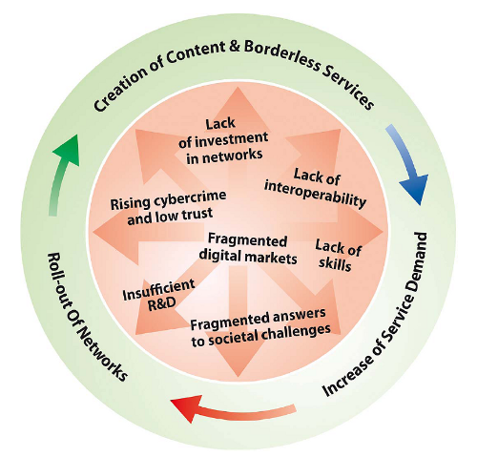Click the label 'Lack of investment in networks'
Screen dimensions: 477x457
(x=223, y=141)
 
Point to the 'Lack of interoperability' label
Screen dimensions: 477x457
(x=316, y=188)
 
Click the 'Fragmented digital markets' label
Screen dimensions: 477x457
(x=248, y=249)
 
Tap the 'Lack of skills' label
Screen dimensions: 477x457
(x=338, y=256)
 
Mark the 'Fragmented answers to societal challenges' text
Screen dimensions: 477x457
(x=260, y=327)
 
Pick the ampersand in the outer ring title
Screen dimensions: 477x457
(x=233, y=48)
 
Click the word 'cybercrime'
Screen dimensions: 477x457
(x=191, y=198)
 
